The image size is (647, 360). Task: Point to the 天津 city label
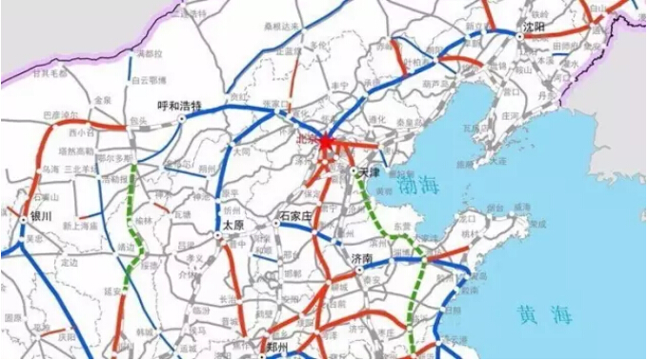370,171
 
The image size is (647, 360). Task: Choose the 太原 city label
233,225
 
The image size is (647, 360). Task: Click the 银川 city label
40,216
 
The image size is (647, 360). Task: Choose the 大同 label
242,150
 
